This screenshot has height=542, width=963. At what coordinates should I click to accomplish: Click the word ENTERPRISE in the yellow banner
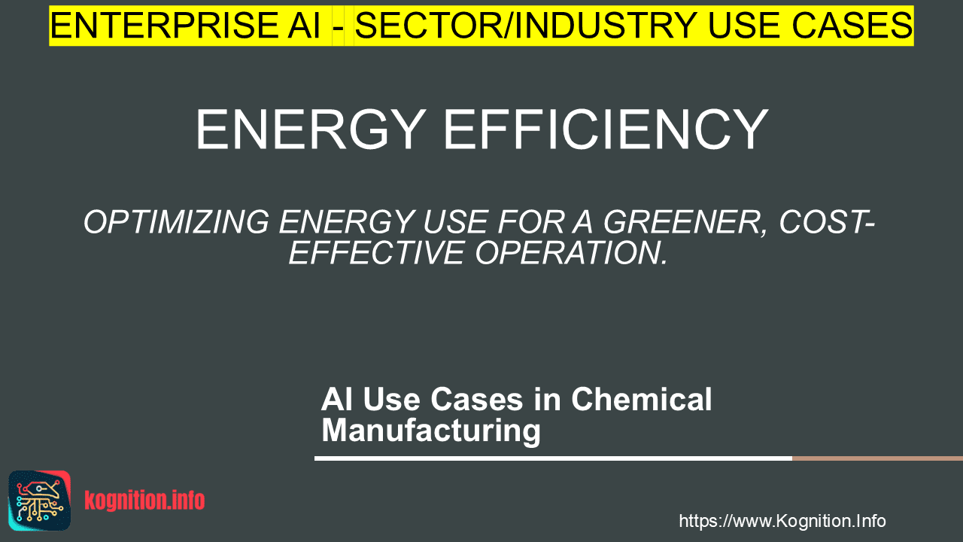click(x=164, y=26)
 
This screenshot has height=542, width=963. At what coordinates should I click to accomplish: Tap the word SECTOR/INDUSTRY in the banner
click(x=526, y=26)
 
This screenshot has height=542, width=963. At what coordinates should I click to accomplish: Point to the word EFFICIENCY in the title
click(x=606, y=129)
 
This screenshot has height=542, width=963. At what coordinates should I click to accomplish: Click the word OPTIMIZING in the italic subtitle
click(x=176, y=222)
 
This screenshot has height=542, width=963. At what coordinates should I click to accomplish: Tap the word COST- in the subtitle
click(x=827, y=222)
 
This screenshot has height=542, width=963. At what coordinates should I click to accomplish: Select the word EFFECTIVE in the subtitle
click(x=376, y=252)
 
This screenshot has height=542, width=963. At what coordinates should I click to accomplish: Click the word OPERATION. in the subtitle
click(x=571, y=252)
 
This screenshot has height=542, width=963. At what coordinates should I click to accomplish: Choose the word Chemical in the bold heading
click(x=642, y=399)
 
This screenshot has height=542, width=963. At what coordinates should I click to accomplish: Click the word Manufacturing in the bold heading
click(x=431, y=430)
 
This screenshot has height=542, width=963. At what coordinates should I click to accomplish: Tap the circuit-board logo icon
click(x=40, y=501)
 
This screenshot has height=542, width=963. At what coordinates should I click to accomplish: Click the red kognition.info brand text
click(x=144, y=501)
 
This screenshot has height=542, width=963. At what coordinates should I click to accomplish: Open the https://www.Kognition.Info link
click(x=782, y=521)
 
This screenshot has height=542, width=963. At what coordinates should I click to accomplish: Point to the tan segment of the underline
click(x=877, y=458)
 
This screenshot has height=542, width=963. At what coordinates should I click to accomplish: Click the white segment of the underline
click(x=553, y=458)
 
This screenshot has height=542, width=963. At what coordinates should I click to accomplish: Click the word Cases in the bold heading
click(x=477, y=399)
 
